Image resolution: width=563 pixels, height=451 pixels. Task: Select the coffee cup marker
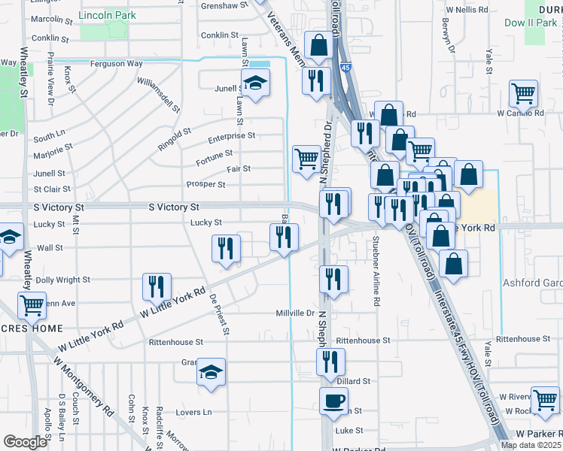tap(333, 401)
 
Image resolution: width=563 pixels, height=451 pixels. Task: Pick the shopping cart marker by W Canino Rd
tap(523, 94)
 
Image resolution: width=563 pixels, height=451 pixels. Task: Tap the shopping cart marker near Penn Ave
tap(32, 304)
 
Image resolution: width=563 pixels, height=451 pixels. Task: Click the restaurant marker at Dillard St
tap(330, 362)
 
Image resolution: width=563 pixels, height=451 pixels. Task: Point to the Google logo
tap(25, 442)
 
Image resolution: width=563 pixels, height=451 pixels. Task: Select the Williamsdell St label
tap(154, 95)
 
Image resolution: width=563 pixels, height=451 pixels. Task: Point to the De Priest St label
tap(219, 313)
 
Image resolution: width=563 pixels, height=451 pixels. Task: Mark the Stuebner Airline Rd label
tap(375, 260)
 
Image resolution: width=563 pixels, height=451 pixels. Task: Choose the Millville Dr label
tap(294, 313)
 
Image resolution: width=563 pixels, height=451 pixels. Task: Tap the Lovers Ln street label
tap(194, 412)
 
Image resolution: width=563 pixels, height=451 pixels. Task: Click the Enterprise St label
tap(232, 136)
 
